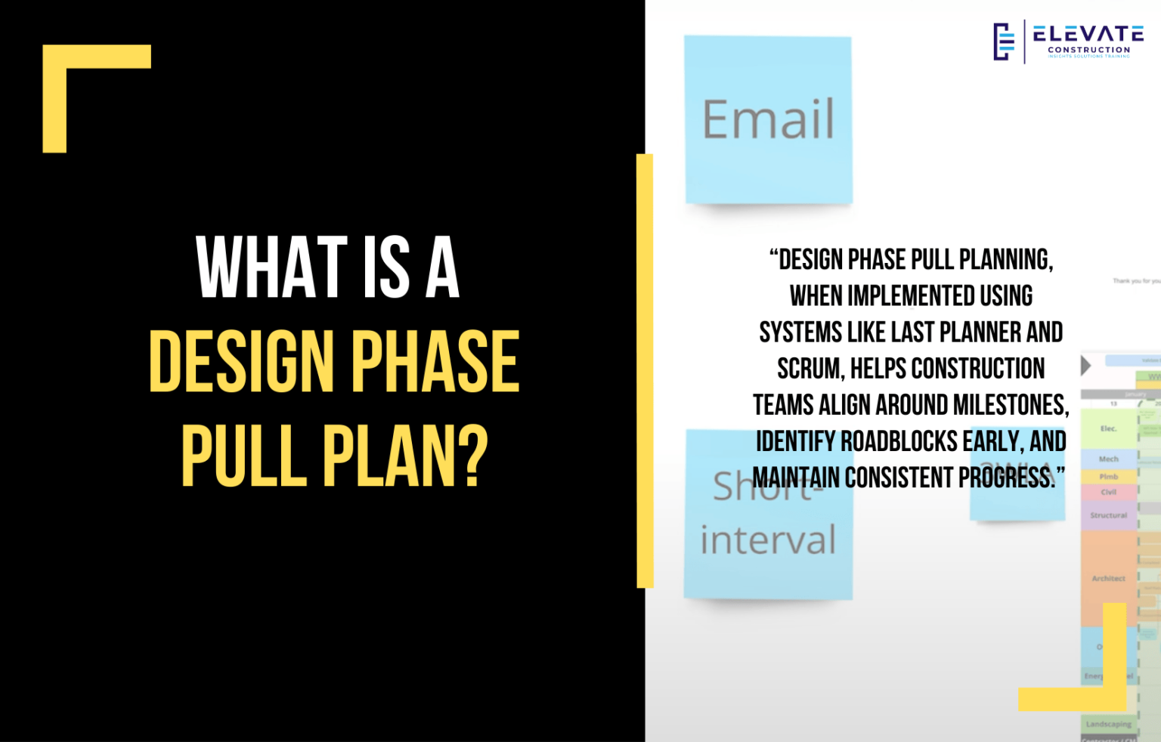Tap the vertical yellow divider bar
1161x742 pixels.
[x=645, y=370]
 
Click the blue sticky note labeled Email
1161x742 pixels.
[x=768, y=120]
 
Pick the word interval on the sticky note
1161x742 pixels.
[x=768, y=540]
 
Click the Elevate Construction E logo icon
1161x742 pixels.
[x=1003, y=42]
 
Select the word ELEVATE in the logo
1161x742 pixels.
[x=1088, y=34]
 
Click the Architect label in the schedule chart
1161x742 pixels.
[x=1108, y=578]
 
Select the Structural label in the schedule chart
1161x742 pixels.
[x=1108, y=515]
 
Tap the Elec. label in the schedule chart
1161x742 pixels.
[x=1108, y=428]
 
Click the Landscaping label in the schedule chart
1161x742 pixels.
[x=1108, y=724]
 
